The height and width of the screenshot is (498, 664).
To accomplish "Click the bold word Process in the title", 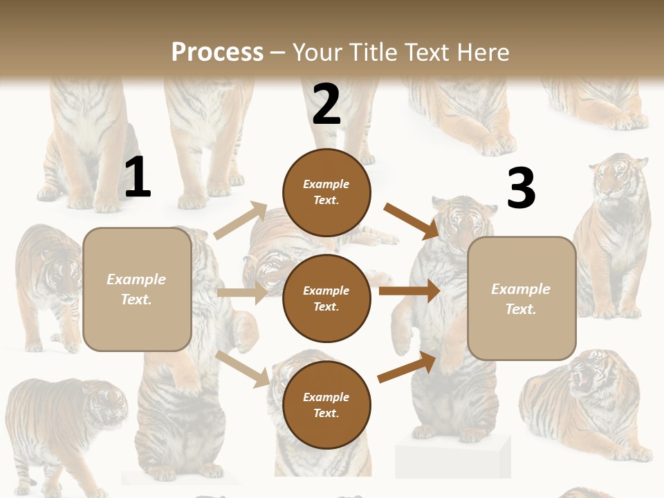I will [217, 52].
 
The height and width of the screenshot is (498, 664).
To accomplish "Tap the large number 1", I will [138, 177].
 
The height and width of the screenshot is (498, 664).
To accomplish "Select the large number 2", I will [326, 104].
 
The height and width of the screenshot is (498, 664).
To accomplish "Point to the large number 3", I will [521, 188].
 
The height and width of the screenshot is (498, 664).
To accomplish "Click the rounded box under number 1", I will [137, 289].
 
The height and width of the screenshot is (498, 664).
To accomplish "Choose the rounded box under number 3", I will [522, 298].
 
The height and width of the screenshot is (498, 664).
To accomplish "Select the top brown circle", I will [326, 192].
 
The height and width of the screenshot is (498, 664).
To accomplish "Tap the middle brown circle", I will [326, 298].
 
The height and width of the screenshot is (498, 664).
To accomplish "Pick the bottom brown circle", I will [326, 405].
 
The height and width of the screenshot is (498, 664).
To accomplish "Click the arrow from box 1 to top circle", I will [241, 221].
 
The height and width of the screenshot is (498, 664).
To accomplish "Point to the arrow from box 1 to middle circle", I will [242, 293].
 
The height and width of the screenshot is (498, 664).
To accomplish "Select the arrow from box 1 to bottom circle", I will [242, 369].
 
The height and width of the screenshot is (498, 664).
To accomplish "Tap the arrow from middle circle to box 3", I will [409, 291].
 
